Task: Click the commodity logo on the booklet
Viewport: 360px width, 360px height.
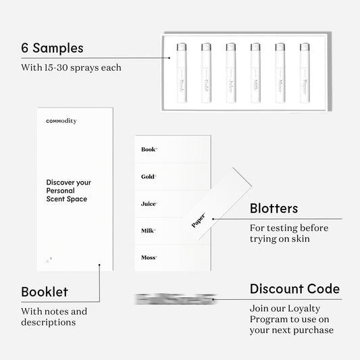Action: [x=61, y=121]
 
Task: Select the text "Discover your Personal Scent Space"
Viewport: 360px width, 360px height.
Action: [x=68, y=190]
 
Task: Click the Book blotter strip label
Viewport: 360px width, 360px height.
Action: [x=149, y=149]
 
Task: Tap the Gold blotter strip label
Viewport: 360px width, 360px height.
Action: [x=149, y=176]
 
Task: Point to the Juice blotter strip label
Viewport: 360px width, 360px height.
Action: [x=149, y=203]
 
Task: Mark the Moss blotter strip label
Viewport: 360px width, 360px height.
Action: [x=149, y=257]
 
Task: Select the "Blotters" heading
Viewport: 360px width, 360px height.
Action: [x=274, y=209]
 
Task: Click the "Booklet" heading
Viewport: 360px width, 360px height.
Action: [x=45, y=292]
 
